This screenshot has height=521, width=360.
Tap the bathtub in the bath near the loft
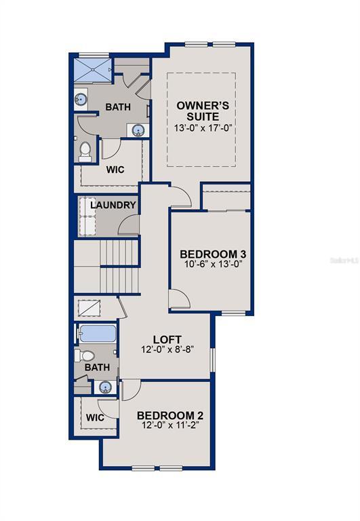pyautogui.click(x=98, y=334)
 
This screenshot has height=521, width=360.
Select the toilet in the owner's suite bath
pyautogui.click(x=85, y=151)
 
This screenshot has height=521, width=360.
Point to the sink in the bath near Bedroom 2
pyautogui.click(x=105, y=387)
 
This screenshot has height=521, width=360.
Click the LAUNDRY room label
pyautogui.click(x=113, y=205)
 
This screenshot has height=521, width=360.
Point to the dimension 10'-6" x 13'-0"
pyautogui.click(x=212, y=265)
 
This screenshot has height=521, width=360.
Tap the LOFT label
pyautogui.click(x=167, y=339)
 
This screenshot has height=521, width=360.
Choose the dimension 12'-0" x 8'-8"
pyautogui.click(x=167, y=351)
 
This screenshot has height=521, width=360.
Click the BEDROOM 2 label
pyautogui.click(x=170, y=416)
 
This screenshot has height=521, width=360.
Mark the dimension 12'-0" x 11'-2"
pyautogui.click(x=170, y=426)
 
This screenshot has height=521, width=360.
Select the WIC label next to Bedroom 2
pyautogui.click(x=96, y=417)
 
